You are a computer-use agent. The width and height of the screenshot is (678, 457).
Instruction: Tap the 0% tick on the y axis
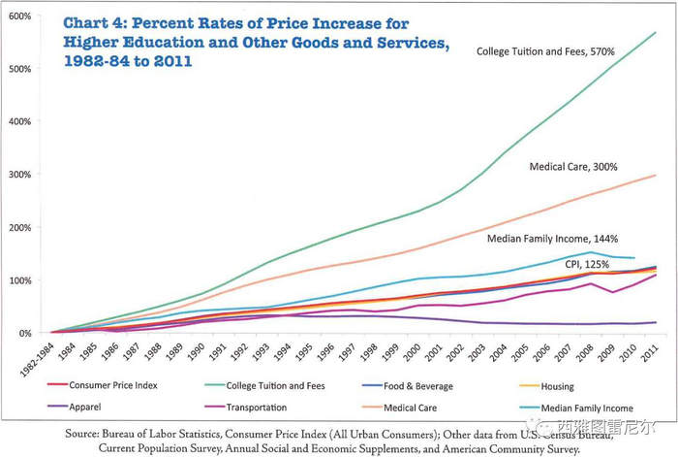25,333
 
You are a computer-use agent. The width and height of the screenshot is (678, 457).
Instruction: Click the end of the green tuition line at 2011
655,32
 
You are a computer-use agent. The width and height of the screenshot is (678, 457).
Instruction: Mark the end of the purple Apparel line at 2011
655,322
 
